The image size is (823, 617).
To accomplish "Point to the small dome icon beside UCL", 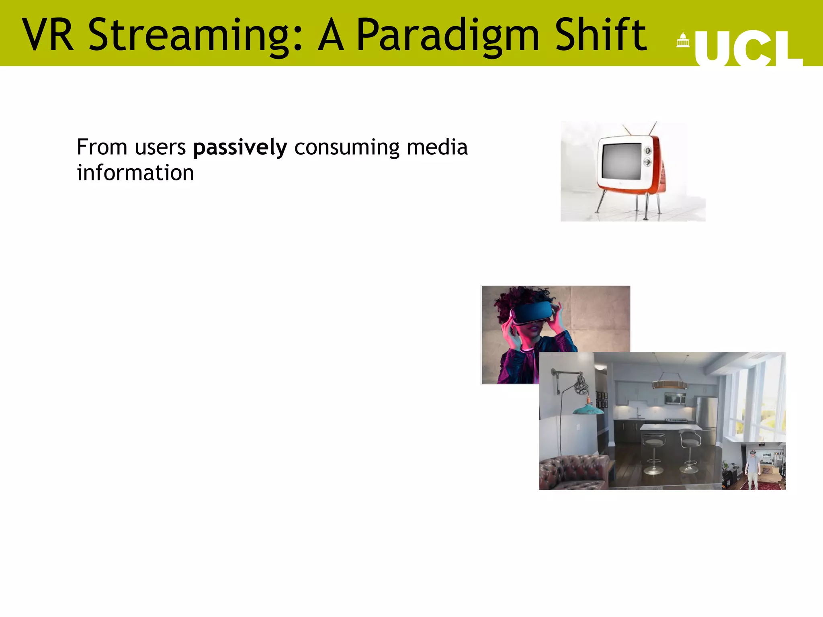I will [683, 40].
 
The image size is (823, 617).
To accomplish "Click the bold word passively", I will [240, 147].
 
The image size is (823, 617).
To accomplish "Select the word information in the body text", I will [135, 173].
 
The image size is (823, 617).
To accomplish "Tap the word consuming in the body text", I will [347, 147].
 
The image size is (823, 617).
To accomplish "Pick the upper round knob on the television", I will [647, 151].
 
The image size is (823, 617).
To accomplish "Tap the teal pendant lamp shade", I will [588, 410].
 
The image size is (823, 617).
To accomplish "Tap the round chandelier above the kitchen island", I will [669, 385].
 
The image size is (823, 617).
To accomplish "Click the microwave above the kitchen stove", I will [675, 398].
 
